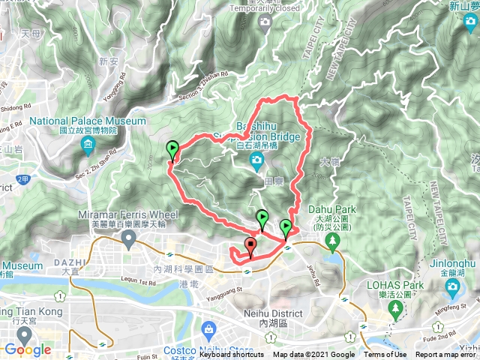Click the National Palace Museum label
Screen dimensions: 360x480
click(88, 121)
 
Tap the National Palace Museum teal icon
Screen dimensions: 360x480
click(88, 143)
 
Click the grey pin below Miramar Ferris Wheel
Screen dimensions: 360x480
click(128, 240)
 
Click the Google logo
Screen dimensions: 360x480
click(27, 349)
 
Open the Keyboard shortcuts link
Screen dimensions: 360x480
click(232, 355)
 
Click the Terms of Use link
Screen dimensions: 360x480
click(385, 355)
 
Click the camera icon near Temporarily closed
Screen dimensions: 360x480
click(264, 22)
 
